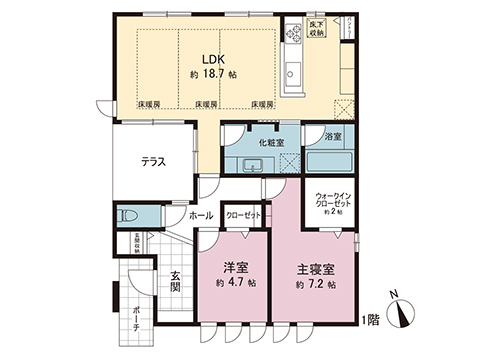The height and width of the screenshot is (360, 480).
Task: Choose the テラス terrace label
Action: click(152, 162)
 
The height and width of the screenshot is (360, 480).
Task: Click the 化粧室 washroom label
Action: click(272, 143)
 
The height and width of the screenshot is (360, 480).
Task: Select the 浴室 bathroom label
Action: click(334, 135)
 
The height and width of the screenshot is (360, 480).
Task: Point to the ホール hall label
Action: click(200, 214)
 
